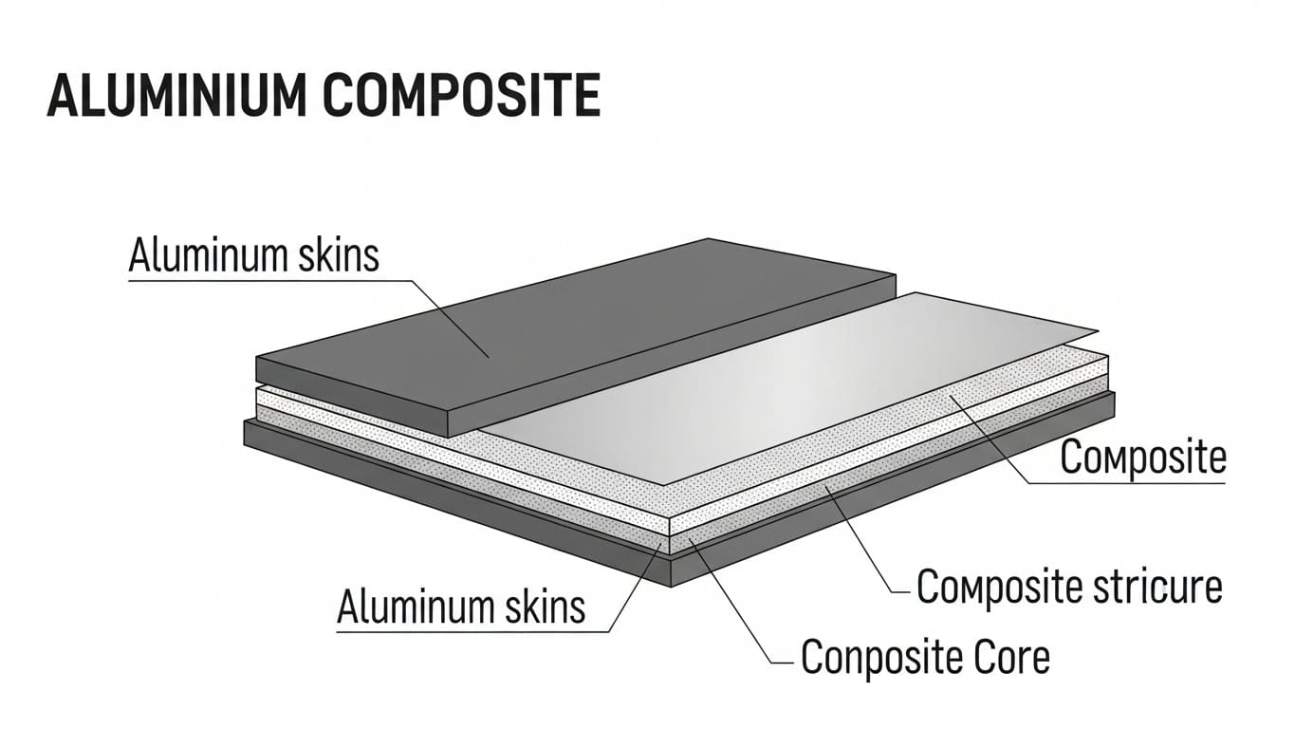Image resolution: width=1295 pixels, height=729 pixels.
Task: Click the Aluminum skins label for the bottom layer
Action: pyautogui.click(x=461, y=606)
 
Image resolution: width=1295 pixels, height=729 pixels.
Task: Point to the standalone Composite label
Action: pyautogui.click(x=1142, y=458)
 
